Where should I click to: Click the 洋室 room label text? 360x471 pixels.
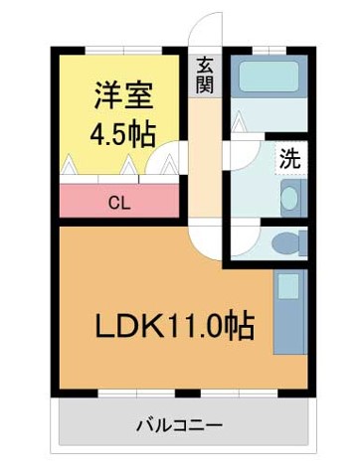point(123,97)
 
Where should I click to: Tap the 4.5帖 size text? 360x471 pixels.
point(123,132)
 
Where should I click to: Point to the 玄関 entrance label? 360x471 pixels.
point(205,75)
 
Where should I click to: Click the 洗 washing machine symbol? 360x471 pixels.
point(289,157)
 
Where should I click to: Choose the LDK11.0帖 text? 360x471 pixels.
point(173,325)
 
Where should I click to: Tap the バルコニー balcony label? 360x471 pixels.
point(178,426)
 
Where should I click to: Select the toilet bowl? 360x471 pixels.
point(286,240)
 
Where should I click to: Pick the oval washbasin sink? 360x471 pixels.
point(289,198)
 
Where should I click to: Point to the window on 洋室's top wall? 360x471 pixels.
point(118,50)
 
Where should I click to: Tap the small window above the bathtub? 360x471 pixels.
point(266,50)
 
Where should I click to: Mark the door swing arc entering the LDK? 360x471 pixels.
point(204,238)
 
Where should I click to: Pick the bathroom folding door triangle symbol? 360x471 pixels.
point(239,122)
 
